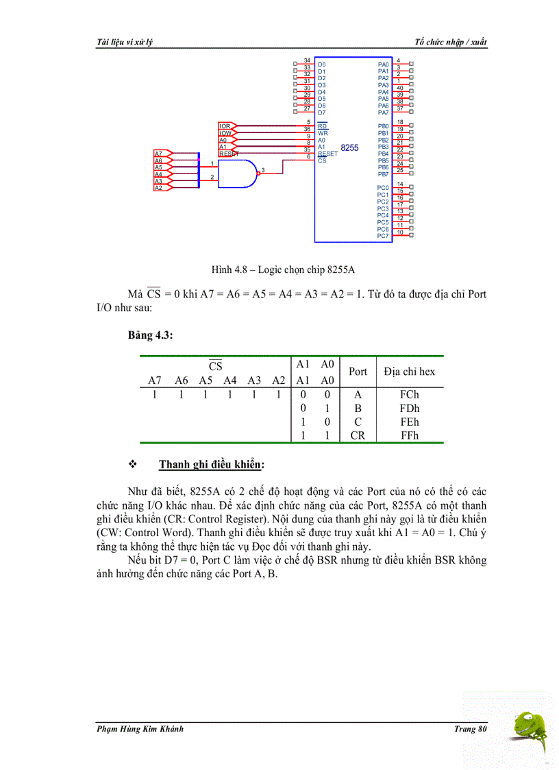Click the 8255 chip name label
(349, 147)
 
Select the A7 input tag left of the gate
(160, 154)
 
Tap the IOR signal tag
(225, 126)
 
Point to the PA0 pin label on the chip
(383, 64)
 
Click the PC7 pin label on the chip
(383, 236)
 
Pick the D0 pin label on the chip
(322, 64)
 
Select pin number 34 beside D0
(308, 61)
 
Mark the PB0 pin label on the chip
(383, 126)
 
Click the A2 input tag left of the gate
(160, 188)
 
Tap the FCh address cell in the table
(409, 394)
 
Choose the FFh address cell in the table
(409, 435)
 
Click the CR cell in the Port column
(358, 435)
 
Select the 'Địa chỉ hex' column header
(409, 372)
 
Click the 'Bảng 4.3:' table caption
(150, 335)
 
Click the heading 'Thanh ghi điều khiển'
(212, 465)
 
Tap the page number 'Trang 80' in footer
(470, 728)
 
